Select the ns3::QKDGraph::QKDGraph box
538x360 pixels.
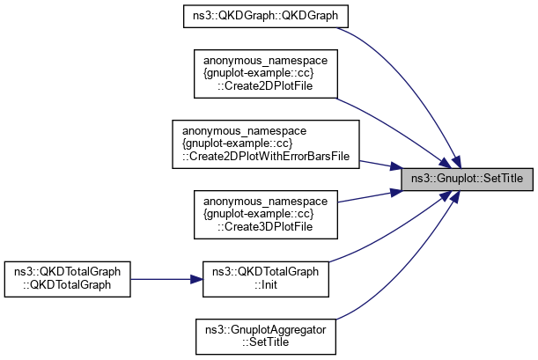266,17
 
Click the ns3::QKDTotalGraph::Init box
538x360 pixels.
266,278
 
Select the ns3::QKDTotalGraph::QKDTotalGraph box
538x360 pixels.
69,278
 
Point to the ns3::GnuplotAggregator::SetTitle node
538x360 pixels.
266,335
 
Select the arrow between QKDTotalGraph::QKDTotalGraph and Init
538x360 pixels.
167,278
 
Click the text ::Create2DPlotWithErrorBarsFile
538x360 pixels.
266,156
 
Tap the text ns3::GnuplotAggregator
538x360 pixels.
266,329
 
